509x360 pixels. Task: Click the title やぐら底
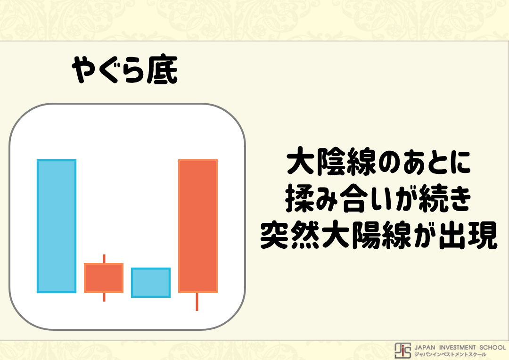[125, 70]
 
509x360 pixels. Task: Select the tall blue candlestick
[57, 226]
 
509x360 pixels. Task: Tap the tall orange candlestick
[197, 226]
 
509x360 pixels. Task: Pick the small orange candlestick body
[104, 278]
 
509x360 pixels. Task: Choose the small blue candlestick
[151, 282]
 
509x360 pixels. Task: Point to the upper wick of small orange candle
[104, 259]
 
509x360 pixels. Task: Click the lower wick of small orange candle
[104, 297]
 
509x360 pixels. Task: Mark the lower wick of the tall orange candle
[197, 302]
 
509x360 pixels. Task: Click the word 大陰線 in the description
[331, 161]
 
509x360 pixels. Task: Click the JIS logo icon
[402, 350]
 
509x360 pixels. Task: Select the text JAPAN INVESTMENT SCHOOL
[460, 347]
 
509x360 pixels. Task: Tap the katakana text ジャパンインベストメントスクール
[450, 354]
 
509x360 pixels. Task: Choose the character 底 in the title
[162, 70]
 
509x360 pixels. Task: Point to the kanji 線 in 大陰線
[361, 161]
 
